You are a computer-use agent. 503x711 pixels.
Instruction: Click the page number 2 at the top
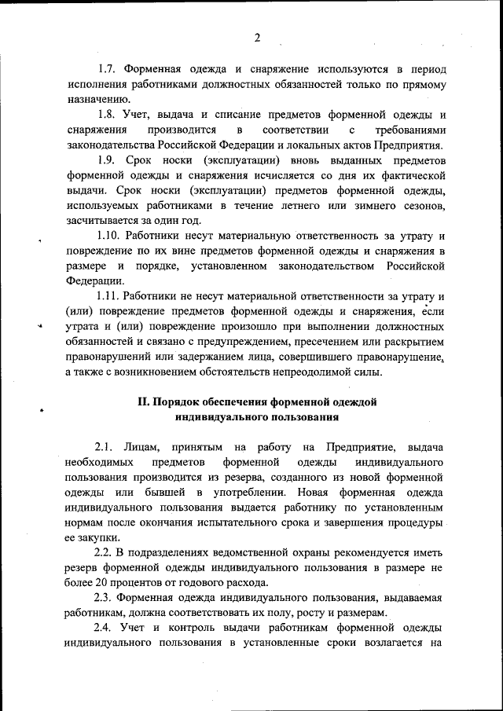(256, 37)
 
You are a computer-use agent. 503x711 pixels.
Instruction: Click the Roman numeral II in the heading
(144, 401)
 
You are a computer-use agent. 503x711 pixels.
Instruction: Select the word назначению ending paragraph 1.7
(97, 99)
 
